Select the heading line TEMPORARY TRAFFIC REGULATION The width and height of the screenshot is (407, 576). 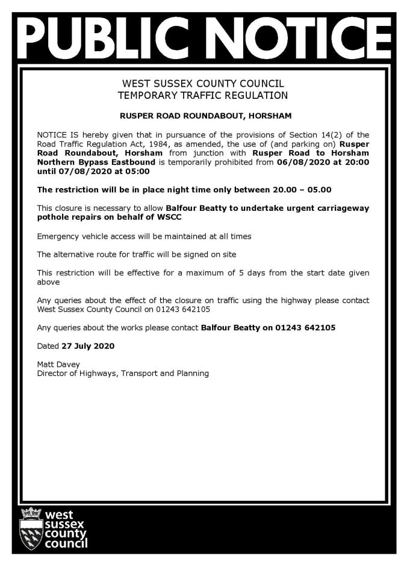tap(203, 95)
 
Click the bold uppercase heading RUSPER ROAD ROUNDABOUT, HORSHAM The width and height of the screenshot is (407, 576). tap(203, 114)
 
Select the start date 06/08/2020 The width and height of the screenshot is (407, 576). tap(299, 162)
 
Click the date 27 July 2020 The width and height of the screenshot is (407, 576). tap(88, 346)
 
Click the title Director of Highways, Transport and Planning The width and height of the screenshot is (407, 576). tap(123, 374)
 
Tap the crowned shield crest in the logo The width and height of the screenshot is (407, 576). tap(31, 528)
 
